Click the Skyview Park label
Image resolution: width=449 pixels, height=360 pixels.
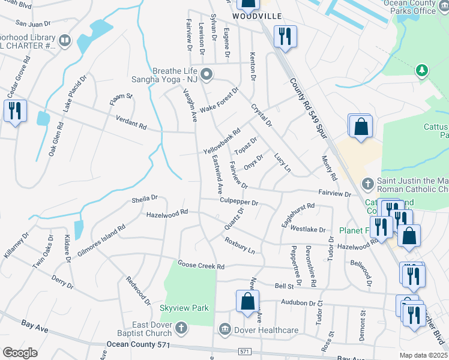184,308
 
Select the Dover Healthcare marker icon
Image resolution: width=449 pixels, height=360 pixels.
225,329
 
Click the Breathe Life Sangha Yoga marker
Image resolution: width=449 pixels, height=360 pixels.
206,75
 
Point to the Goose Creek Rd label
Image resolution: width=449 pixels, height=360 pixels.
200,265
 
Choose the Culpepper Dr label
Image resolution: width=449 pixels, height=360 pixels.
238,202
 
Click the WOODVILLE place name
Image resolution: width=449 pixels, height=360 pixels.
257,16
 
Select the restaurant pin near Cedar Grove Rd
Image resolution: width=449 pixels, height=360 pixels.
14,110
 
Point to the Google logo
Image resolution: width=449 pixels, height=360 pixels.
20,353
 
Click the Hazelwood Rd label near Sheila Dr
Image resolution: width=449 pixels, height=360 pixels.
167,212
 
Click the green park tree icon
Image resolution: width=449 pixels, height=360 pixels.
422,71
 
